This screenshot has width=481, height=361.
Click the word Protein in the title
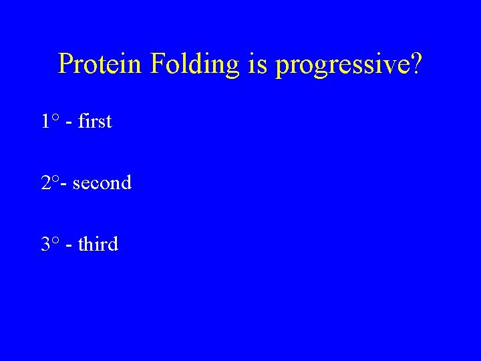(100, 64)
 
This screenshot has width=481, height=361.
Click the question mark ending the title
(416, 64)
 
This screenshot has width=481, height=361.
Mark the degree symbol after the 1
(55, 118)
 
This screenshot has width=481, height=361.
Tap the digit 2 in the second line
(45, 183)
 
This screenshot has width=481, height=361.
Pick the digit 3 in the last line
(45, 245)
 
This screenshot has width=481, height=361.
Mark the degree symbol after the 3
(55, 241)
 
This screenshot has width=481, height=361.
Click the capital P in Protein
(65, 64)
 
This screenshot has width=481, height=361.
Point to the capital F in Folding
(158, 64)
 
